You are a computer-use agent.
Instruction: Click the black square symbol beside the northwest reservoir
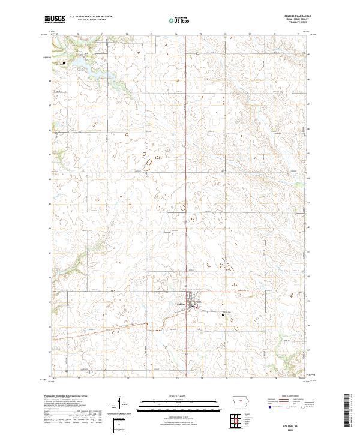point(64,62)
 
